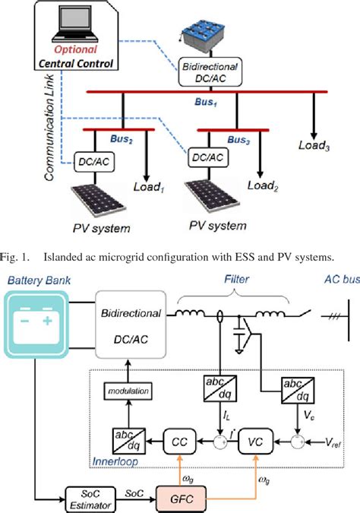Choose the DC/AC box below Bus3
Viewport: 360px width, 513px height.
coord(207,157)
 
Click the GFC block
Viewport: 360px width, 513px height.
coord(177,494)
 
